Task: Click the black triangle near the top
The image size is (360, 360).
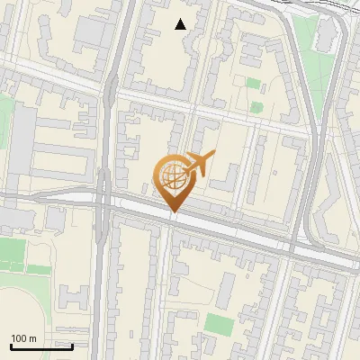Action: [x=181, y=24]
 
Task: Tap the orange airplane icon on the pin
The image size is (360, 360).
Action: [x=200, y=164]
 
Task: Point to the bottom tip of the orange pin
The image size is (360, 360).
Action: [x=173, y=212]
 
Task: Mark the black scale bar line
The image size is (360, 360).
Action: [x=41, y=346]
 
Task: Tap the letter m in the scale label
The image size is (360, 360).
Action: [x=32, y=338]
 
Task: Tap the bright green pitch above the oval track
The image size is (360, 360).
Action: [x=13, y=251]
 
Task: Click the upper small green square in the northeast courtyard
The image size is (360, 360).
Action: [x=254, y=84]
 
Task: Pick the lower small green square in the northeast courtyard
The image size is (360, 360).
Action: [x=255, y=104]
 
